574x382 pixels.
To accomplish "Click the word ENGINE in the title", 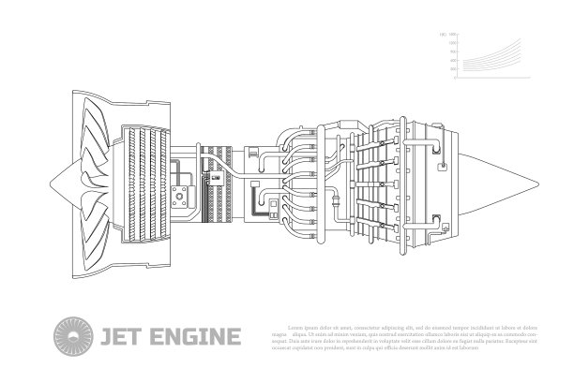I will (x=193, y=335).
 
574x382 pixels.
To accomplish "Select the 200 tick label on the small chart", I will (x=453, y=69).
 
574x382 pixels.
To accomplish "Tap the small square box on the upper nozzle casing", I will (x=436, y=142).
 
